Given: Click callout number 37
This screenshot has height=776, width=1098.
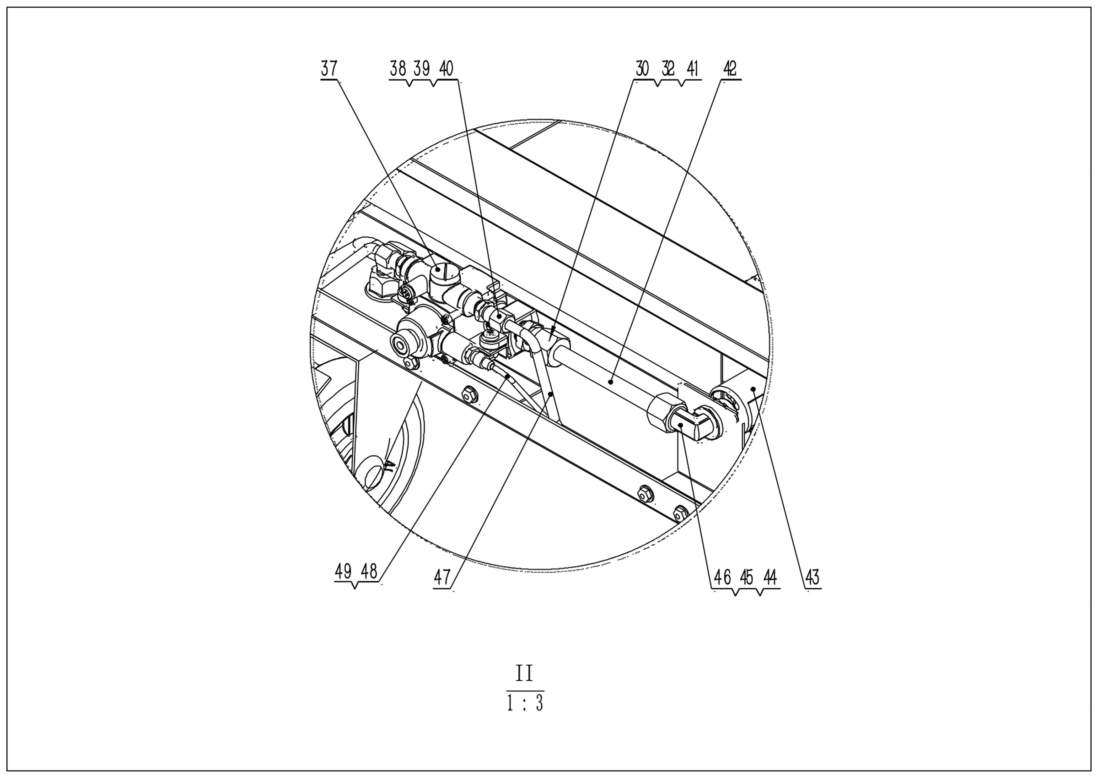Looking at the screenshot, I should [x=328, y=69].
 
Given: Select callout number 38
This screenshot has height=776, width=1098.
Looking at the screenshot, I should [x=398, y=69].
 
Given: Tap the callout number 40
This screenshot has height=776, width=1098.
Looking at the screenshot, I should [x=446, y=69].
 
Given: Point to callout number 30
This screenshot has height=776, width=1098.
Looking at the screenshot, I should [x=642, y=69].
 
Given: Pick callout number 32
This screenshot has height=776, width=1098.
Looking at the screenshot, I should [x=668, y=69].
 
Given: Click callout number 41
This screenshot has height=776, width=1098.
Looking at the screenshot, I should [x=693, y=69].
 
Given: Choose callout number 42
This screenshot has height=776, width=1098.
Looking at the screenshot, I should [x=730, y=69].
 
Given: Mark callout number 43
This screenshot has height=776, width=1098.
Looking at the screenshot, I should [x=813, y=577].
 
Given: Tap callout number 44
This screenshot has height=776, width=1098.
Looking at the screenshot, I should [x=770, y=577].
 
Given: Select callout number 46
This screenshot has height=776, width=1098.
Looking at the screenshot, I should [x=722, y=577].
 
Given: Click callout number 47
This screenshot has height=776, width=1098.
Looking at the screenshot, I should [x=442, y=577].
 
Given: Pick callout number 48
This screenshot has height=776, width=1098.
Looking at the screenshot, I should [x=369, y=571].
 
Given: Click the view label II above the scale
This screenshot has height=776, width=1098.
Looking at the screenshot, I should [x=524, y=673].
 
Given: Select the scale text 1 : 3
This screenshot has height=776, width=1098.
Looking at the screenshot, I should [x=525, y=703].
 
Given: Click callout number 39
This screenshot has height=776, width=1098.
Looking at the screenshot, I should [x=422, y=69].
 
